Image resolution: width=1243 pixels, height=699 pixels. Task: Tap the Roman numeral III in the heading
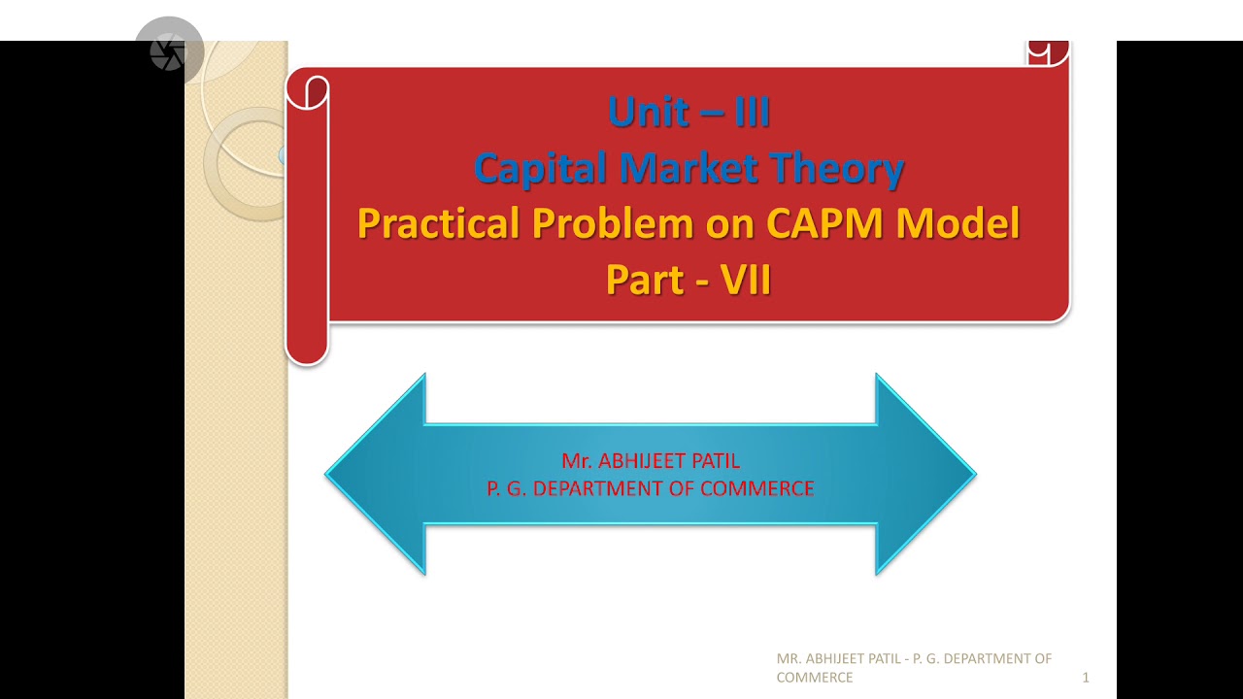coord(752,113)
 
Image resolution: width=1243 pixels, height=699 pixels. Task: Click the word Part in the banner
coord(644,280)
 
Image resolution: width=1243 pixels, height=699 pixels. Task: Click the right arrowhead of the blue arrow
coord(924,474)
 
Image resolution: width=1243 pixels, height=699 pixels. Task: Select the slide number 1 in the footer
coord(1086,678)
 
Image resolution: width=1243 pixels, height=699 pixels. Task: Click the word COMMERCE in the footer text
coord(815,678)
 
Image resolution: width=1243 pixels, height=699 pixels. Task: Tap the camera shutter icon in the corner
coord(168,52)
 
